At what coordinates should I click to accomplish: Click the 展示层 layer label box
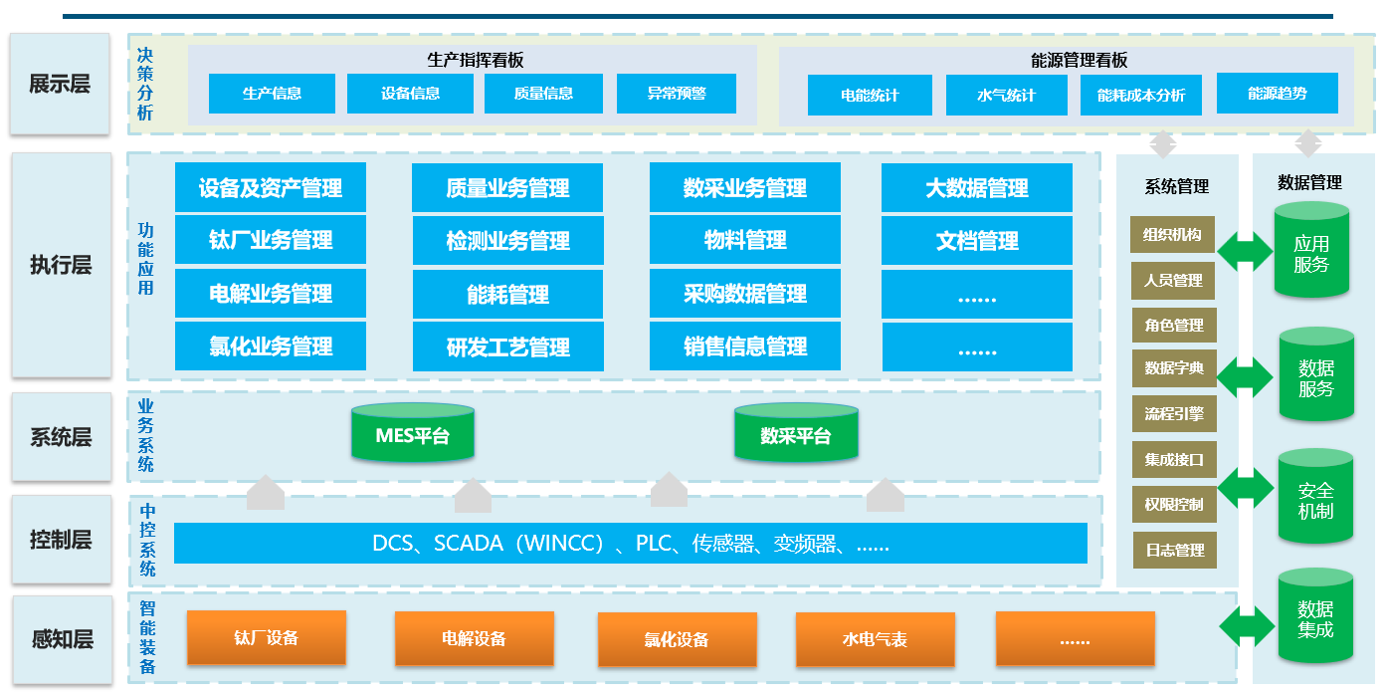(60, 84)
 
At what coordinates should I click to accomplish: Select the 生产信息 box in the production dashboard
(272, 94)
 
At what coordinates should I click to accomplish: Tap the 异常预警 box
(677, 94)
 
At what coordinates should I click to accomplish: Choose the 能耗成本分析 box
(1140, 96)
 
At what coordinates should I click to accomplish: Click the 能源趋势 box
(1277, 93)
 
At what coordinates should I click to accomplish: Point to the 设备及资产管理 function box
(271, 187)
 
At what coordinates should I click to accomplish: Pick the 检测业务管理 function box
(507, 241)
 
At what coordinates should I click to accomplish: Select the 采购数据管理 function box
(744, 294)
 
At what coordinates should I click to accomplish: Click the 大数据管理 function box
(976, 187)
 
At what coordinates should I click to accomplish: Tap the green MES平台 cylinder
(413, 434)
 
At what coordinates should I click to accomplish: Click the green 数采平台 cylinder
(795, 434)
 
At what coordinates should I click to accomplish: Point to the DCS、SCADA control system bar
(630, 544)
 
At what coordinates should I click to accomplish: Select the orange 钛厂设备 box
(267, 637)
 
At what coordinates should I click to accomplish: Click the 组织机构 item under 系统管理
(1173, 235)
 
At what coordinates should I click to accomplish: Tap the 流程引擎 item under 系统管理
(1173, 413)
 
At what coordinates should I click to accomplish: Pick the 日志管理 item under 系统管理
(1173, 550)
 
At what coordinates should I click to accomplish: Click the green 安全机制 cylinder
(1315, 501)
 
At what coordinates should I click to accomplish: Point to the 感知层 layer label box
(60, 638)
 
